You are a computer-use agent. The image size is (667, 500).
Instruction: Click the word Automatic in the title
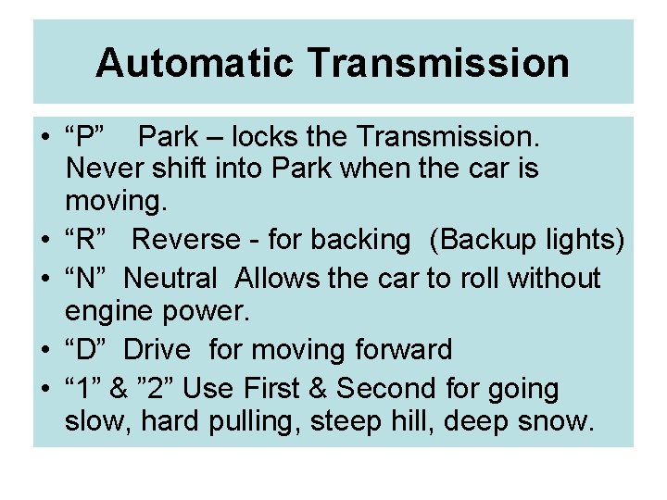click(195, 63)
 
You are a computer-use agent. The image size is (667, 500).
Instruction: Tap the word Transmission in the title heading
click(438, 63)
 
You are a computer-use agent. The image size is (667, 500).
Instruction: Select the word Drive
click(157, 350)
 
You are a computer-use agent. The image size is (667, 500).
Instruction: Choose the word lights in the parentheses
click(585, 240)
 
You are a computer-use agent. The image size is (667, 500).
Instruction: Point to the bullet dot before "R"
click(45, 241)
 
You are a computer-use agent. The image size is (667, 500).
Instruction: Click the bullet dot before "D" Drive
click(45, 351)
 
